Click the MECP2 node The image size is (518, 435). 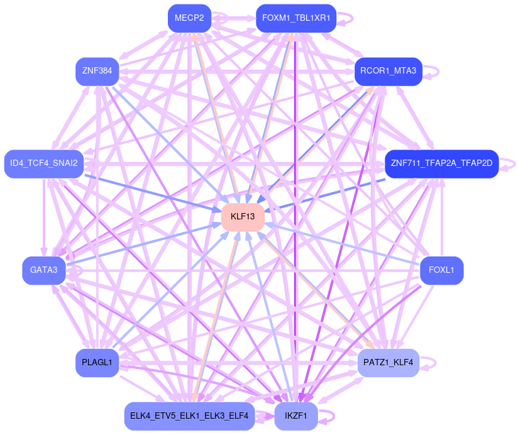(x=189, y=18)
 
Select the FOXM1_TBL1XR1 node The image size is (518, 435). (x=296, y=18)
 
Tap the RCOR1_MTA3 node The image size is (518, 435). (x=388, y=71)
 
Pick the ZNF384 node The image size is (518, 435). (x=97, y=71)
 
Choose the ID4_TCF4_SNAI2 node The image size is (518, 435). (x=44, y=163)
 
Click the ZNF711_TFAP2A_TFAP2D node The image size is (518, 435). (x=442, y=163)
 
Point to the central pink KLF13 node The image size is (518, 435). (x=243, y=217)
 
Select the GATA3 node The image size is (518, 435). (x=44, y=270)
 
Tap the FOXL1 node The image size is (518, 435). (x=441, y=270)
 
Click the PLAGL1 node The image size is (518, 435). (x=97, y=363)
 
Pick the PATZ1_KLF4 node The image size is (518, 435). (x=388, y=363)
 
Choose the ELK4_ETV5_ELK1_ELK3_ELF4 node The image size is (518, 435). (x=189, y=416)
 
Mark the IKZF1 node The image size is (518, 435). (x=296, y=416)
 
